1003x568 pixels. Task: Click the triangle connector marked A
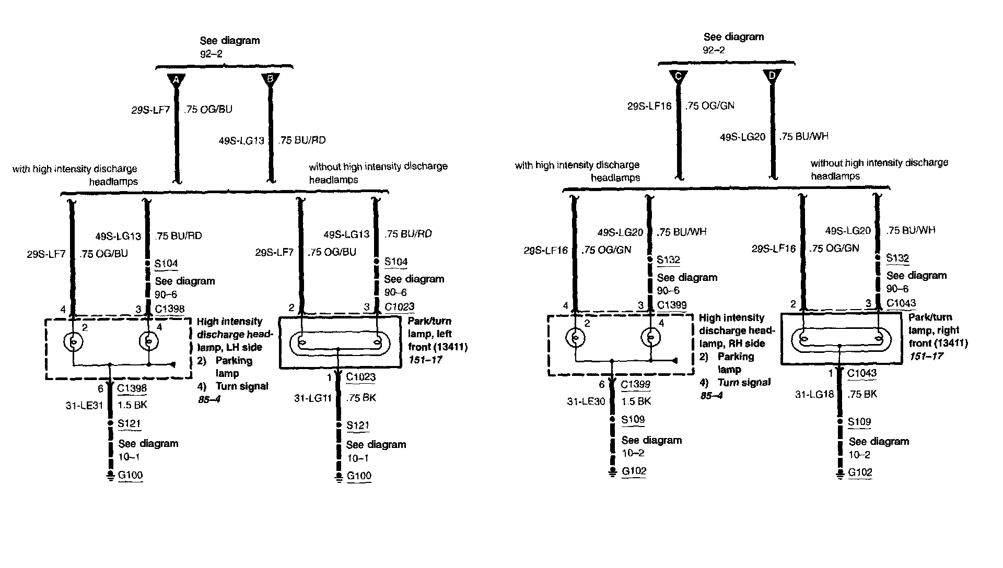pyautogui.click(x=177, y=80)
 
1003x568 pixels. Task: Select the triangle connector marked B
pyautogui.click(x=270, y=79)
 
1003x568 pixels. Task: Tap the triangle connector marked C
pyautogui.click(x=678, y=76)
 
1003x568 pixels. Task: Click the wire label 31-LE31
pyautogui.click(x=85, y=405)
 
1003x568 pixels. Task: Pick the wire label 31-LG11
pyautogui.click(x=313, y=398)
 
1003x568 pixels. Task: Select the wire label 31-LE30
pyautogui.click(x=587, y=401)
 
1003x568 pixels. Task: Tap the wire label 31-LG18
pyautogui.click(x=814, y=395)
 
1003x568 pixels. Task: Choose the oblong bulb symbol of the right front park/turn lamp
pyautogui.click(x=839, y=339)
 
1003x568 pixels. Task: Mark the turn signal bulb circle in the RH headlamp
pyautogui.click(x=650, y=338)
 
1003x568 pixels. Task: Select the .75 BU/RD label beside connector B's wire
pyautogui.click(x=302, y=140)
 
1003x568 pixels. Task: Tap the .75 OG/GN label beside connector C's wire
pyautogui.click(x=710, y=105)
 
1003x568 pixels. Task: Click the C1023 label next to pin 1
pyautogui.click(x=360, y=377)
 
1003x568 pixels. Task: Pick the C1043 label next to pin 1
pyautogui.click(x=862, y=373)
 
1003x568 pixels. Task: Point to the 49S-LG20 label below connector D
pyautogui.click(x=742, y=137)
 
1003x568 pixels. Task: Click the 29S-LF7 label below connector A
pyautogui.click(x=150, y=110)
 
